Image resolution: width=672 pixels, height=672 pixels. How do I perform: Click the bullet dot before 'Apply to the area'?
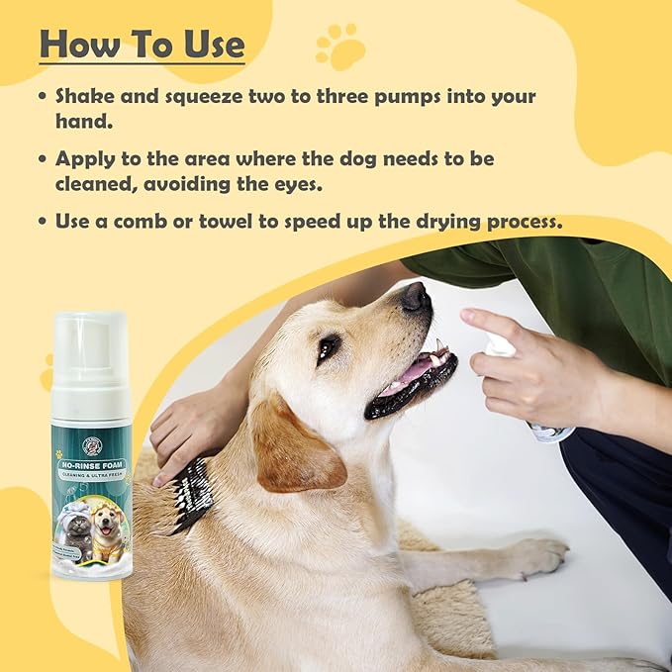point(42,158)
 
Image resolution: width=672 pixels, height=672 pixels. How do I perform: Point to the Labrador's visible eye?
point(330,346)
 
